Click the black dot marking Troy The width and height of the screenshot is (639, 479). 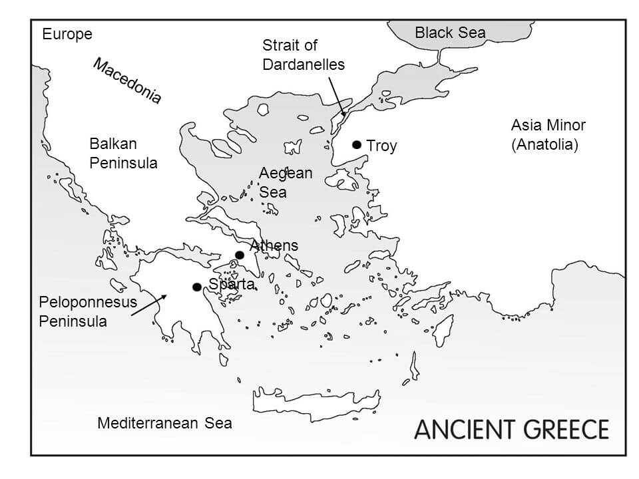[357, 144]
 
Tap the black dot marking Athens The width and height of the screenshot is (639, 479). [240, 255]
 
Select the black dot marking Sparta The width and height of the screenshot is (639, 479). [196, 287]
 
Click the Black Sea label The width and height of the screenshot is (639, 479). [450, 33]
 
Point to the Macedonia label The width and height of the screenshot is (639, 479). [127, 81]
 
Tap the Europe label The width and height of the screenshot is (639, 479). [67, 35]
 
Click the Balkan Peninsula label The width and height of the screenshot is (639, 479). [123, 153]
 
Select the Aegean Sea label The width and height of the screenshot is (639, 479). [285, 182]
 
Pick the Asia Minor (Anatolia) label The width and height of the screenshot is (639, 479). [548, 134]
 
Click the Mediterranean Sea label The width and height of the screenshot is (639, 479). [164, 423]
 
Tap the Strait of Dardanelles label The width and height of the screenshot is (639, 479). [304, 55]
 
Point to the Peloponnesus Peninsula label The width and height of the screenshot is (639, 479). [87, 311]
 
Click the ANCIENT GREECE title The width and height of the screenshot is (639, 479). [511, 429]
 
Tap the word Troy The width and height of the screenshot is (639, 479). [381, 146]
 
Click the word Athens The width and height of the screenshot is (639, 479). [274, 245]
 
